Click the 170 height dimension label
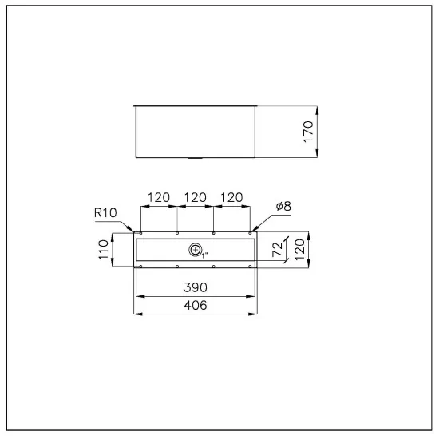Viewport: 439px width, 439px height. point(309,131)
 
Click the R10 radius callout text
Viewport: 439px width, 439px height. point(105,213)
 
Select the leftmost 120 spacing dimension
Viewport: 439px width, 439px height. point(159,197)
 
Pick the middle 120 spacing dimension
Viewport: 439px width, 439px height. point(196,197)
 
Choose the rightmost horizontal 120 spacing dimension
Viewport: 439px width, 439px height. point(231,197)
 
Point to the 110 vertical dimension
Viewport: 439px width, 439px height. point(103,250)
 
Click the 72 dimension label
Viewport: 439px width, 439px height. point(278,250)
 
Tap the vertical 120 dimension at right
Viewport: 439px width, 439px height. point(300,250)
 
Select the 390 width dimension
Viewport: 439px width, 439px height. point(196,287)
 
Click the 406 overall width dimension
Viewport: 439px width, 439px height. point(196,306)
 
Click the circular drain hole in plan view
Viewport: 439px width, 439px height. point(196,250)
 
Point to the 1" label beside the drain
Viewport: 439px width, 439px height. point(204,255)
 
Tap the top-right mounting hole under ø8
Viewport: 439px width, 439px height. point(250,234)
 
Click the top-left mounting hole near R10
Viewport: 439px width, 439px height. point(140,234)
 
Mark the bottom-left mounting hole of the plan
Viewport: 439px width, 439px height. point(140,267)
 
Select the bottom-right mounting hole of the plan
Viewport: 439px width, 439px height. point(250,267)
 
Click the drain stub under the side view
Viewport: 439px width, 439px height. point(196,159)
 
